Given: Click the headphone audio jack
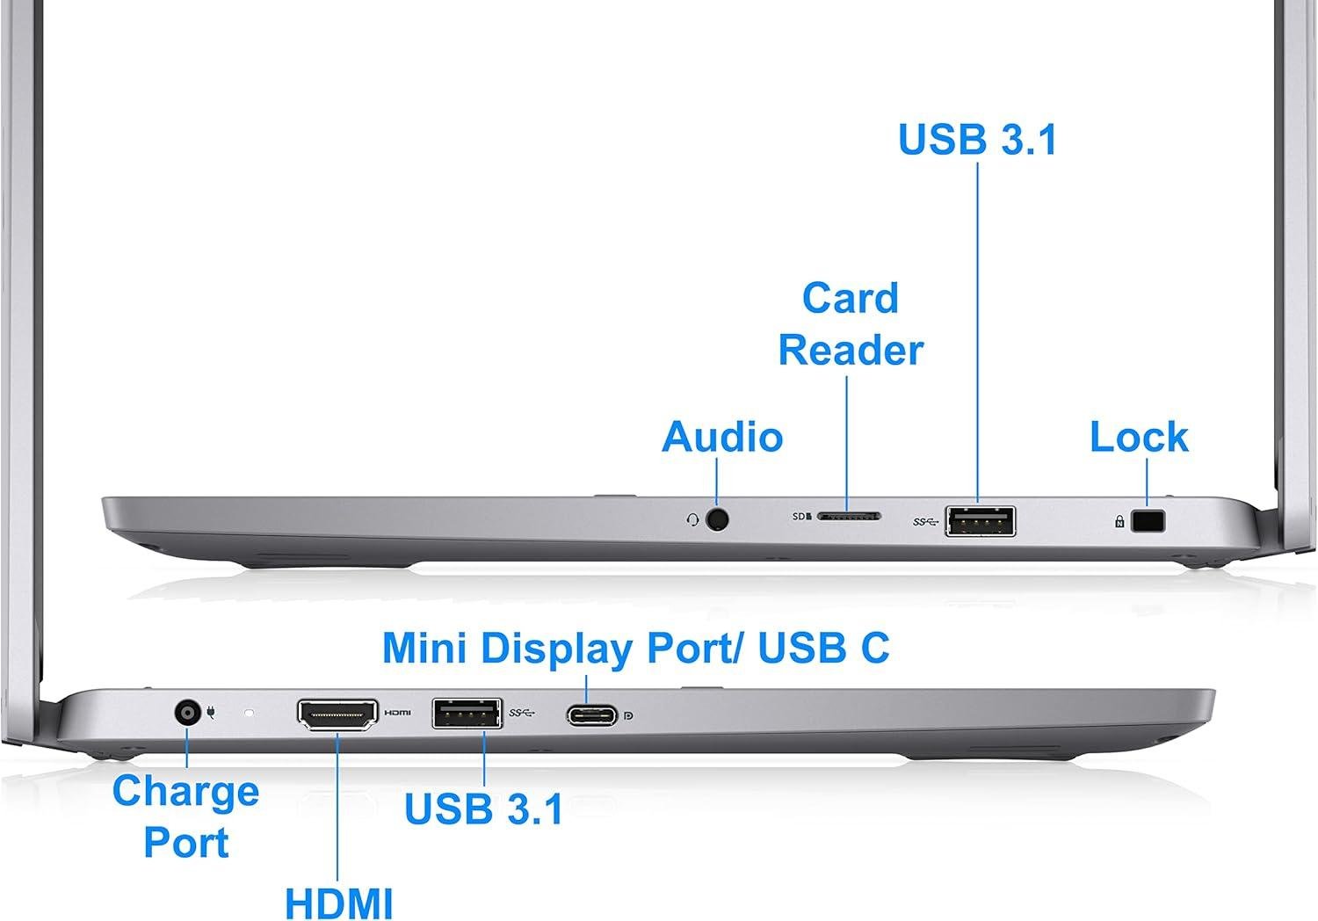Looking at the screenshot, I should tap(718, 519).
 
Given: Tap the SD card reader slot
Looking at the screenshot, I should tap(850, 517).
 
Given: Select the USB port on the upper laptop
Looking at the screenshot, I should tap(980, 521).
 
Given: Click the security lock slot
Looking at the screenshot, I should tap(1148, 521).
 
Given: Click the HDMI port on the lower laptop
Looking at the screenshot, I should tap(338, 714).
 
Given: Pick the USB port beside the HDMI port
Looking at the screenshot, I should tap(467, 713).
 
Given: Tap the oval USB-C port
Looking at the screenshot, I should tap(591, 714).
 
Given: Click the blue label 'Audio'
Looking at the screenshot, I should tap(722, 438).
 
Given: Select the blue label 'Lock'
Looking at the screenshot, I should tap(1139, 438).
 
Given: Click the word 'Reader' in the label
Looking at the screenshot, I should tap(850, 350).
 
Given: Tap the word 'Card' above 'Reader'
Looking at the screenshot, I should tap(850, 299).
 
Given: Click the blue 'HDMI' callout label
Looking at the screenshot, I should tap(338, 903).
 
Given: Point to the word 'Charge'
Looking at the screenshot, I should tap(185, 792).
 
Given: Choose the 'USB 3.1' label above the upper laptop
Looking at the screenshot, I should tap(977, 141).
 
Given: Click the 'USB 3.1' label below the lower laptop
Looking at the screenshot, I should tap(483, 809).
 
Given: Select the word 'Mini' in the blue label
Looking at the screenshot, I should tap(425, 649).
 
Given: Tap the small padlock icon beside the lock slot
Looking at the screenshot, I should tap(1119, 522).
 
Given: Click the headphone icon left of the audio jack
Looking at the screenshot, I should tap(693, 520).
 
